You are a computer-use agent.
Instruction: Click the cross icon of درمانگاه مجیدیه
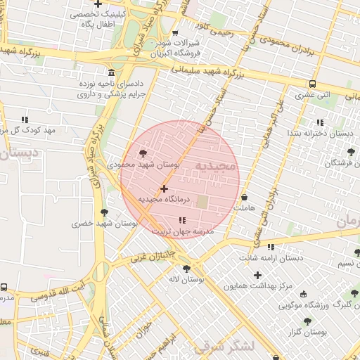tap(164, 188)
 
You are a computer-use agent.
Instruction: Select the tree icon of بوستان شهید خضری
tap(105, 212)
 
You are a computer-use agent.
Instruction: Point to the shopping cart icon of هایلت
tap(245, 198)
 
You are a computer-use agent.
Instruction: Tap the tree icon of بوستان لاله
tap(186, 269)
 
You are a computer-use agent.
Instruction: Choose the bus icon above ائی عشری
tap(311, 84)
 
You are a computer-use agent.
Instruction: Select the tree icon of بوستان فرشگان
tap(351, 152)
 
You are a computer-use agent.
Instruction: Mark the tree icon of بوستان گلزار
tap(307, 321)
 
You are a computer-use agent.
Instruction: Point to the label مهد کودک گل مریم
tap(28, 131)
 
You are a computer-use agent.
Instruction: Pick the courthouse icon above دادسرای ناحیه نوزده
tap(112, 74)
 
